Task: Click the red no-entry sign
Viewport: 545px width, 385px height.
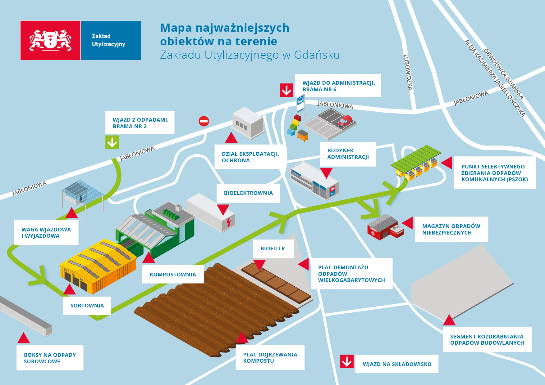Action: pyautogui.click(x=204, y=121)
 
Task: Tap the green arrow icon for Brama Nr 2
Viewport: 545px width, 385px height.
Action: pyautogui.click(x=112, y=142)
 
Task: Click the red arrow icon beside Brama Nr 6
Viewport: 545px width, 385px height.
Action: pyautogui.click(x=286, y=90)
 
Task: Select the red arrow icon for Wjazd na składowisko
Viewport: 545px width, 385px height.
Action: pyautogui.click(x=346, y=361)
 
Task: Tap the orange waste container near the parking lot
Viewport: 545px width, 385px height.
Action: pyautogui.click(x=303, y=135)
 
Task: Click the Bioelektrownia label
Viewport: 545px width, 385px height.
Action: pyautogui.click(x=248, y=193)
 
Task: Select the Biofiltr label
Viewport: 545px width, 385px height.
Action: pyautogui.click(x=272, y=248)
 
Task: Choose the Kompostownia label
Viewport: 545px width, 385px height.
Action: pyautogui.click(x=173, y=275)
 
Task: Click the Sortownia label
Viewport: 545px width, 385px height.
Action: pyautogui.click(x=87, y=306)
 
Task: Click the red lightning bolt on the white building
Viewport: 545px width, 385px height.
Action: pyautogui.click(x=229, y=222)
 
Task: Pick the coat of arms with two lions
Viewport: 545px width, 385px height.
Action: pyautogui.click(x=50, y=40)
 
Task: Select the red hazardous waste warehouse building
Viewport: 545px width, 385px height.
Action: pyautogui.click(x=385, y=228)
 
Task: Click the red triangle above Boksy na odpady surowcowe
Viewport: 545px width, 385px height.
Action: pyautogui.click(x=24, y=338)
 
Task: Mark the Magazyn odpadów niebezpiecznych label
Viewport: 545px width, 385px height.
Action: pyautogui.click(x=451, y=229)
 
